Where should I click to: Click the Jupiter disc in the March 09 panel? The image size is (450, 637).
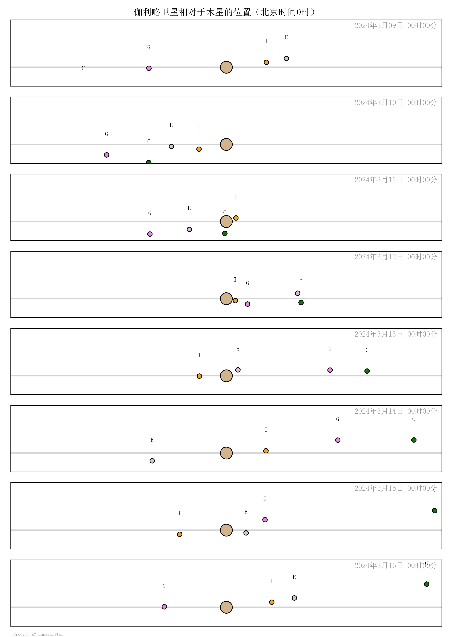[x=226, y=67]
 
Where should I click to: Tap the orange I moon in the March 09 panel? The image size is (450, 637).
[x=266, y=62]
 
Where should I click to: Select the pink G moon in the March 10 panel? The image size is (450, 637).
[x=106, y=155]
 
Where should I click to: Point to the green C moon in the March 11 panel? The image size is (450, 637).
[x=225, y=233]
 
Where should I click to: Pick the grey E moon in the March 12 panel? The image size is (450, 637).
[x=297, y=293]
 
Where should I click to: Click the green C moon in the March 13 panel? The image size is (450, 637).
[x=367, y=371]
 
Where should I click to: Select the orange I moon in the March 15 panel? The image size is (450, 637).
[x=180, y=534]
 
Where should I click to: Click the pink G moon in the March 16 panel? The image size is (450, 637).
[x=164, y=607]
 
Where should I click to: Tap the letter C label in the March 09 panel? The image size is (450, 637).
[x=83, y=68]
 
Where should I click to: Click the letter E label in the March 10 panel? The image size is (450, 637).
[x=171, y=125]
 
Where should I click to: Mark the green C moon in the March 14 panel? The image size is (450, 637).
[x=414, y=440]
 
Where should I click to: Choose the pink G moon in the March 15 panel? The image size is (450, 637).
[x=265, y=520]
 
